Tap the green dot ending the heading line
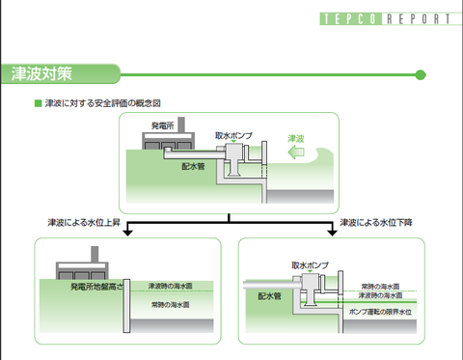click(x=420, y=74)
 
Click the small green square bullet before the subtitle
click(x=38, y=102)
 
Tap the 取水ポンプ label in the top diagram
click(x=233, y=136)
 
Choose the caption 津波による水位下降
click(x=374, y=222)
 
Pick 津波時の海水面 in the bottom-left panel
click(x=169, y=287)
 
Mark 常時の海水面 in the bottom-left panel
click(x=170, y=305)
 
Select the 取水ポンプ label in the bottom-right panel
click(x=311, y=263)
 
